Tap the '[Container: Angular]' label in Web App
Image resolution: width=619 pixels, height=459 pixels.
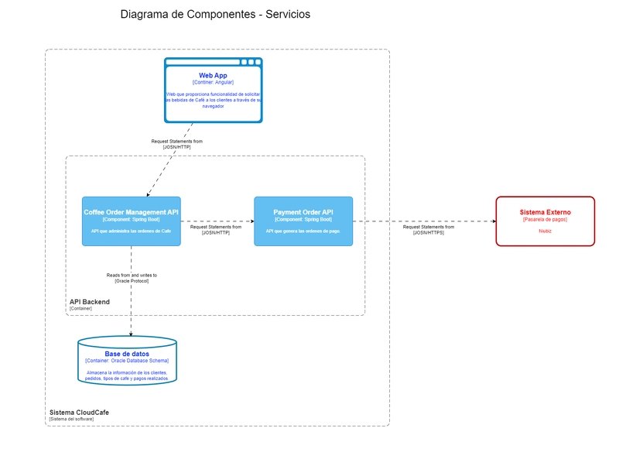213,82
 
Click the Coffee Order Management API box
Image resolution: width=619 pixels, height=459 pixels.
131,221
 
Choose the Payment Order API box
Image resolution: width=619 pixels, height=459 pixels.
303,221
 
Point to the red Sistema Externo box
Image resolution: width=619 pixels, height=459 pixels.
545,221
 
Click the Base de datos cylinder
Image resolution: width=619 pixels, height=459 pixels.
127,361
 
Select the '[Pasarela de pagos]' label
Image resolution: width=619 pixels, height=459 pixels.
545,219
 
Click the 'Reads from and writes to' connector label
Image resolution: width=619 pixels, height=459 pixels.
132,275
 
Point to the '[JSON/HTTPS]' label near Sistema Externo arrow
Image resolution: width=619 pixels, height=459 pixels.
429,232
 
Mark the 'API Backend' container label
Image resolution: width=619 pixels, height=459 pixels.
89,301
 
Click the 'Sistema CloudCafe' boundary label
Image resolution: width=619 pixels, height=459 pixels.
79,413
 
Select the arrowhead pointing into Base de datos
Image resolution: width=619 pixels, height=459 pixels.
131,334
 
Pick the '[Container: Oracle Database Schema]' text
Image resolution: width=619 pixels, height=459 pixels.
127,361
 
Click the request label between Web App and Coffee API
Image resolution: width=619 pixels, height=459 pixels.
177,144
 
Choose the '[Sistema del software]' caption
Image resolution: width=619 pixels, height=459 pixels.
70,419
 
